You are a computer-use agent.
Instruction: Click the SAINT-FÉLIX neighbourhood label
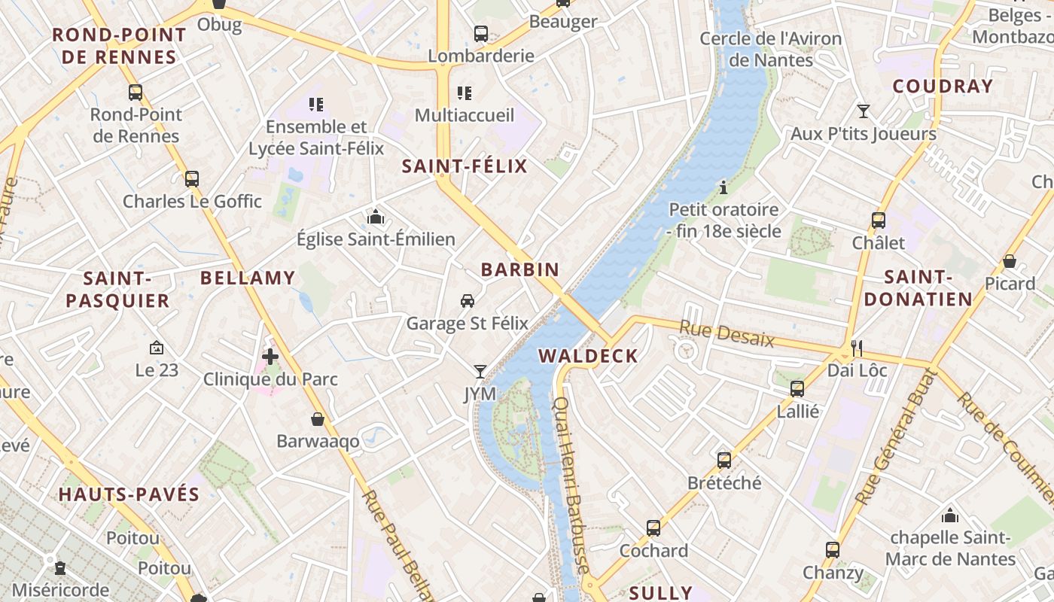pos(465,166)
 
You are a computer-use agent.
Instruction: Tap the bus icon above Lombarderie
pos(480,34)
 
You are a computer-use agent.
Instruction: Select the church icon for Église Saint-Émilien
pos(375,218)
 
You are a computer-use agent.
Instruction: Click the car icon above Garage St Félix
pos(467,301)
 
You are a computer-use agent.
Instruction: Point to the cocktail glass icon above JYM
pos(480,371)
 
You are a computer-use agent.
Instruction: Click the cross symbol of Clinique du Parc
pos(270,356)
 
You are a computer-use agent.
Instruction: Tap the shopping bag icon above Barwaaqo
pos(318,419)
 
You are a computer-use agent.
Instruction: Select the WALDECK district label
pos(588,356)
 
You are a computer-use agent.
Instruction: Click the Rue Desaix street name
pos(727,333)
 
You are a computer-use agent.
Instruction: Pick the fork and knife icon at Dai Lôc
pos(856,348)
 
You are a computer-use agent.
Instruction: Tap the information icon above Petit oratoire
pos(723,187)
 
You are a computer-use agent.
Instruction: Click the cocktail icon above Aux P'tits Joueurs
pos(864,111)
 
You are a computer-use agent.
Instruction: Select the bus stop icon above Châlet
pos(878,220)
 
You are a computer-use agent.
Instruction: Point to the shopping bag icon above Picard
pos(1010,261)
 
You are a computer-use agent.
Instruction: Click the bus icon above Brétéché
pos(723,460)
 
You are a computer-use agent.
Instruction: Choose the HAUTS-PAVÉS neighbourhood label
pos(129,494)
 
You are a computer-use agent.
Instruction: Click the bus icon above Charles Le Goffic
pos(192,179)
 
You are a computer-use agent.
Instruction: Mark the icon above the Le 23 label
pos(157,348)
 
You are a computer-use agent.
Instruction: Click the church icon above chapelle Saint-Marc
pos(950,515)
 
